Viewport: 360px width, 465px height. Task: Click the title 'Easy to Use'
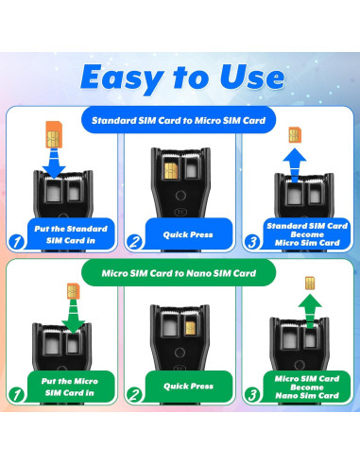point(180,76)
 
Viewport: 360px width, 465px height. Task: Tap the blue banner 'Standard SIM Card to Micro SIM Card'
point(179,120)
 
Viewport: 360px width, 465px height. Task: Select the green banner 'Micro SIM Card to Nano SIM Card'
point(180,275)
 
